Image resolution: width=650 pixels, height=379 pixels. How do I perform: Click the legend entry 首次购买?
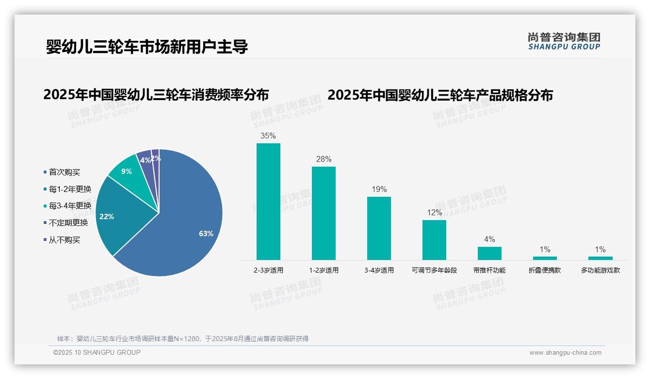coord(64,172)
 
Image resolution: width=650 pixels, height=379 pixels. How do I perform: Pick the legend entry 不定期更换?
coord(68,223)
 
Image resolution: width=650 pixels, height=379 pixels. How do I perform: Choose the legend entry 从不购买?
coord(64,240)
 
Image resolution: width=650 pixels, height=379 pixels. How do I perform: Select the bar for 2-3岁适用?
coord(268,201)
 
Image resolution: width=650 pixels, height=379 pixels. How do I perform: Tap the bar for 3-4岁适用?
coord(379,228)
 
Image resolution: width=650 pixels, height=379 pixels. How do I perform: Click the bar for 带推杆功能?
coord(489,253)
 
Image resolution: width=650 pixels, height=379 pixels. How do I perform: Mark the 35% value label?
coord(268,136)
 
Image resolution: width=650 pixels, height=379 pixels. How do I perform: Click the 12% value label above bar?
coord(434,212)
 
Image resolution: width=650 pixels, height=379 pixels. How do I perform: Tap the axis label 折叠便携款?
coord(545,270)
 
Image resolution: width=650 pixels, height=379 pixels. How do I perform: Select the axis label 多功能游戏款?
coord(600,270)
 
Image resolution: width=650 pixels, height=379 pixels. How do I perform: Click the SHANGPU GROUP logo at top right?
coord(564,41)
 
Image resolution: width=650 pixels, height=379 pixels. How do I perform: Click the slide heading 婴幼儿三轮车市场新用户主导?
coord(147,47)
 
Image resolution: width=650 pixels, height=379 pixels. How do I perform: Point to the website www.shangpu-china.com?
coord(565,353)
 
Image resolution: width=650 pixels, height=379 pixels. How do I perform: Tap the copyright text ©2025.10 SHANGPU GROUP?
coord(97,352)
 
